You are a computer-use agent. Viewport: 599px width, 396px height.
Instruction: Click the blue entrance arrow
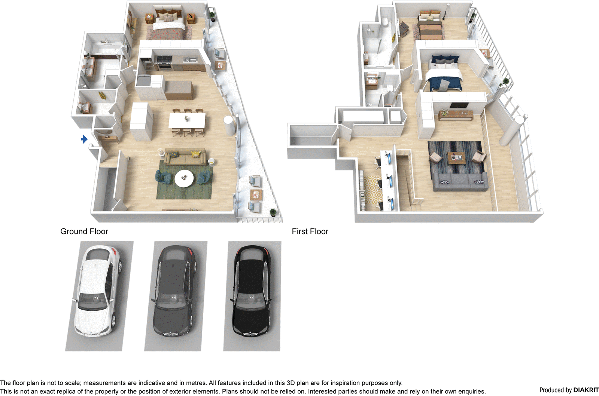tap(84, 139)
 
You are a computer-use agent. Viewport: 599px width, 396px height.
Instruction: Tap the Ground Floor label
tap(84, 231)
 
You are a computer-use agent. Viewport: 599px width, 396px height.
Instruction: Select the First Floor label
tap(310, 231)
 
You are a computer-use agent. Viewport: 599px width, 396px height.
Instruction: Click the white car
tap(98, 292)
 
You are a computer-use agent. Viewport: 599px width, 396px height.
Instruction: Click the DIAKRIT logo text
tap(586, 390)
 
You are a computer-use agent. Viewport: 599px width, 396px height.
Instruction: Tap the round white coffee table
tap(184, 178)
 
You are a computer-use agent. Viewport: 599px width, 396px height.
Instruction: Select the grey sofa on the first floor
tap(460, 182)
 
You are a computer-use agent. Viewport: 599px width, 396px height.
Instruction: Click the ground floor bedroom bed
tap(168, 27)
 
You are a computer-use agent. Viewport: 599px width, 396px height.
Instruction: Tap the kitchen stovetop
tap(164, 59)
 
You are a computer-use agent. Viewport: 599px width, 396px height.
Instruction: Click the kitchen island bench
tap(179, 90)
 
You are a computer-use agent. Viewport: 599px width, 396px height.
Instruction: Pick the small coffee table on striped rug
tap(456, 158)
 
